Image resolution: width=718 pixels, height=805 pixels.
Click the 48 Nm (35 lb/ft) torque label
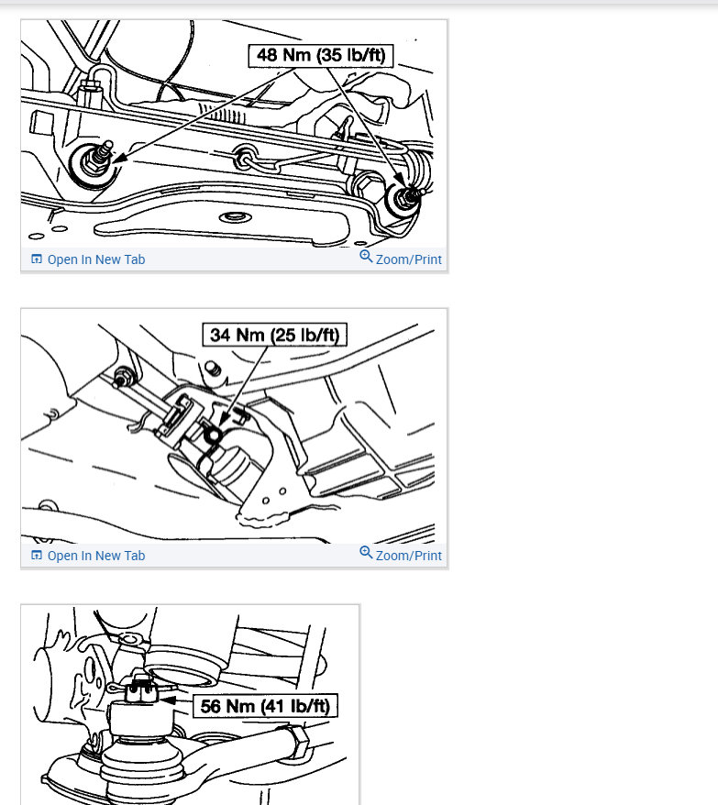coord(320,55)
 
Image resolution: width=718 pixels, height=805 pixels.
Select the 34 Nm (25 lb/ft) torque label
coord(275,335)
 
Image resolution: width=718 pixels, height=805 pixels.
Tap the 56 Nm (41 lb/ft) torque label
coord(265,706)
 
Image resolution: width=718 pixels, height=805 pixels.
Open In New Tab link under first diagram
coord(96,259)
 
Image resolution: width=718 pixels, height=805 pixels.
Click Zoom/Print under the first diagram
coord(408,259)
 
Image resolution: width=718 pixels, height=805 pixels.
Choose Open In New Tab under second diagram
coord(96,556)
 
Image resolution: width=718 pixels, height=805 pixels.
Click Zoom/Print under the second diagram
coord(408,556)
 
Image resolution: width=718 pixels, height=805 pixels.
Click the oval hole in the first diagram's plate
coord(236,217)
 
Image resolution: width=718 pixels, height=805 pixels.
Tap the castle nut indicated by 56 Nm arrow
coord(140,689)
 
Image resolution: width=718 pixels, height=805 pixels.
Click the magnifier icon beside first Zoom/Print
coord(366,256)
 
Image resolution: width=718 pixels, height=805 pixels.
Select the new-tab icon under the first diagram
coord(37,259)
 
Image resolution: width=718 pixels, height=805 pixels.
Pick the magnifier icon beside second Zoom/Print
coord(366,553)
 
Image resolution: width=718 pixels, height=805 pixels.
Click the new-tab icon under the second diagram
coord(37,555)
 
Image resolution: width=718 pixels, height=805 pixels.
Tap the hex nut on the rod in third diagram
coord(297,741)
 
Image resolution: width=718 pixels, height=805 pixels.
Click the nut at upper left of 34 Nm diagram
coord(124,378)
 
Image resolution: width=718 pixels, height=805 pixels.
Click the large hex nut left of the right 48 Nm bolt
coord(366,187)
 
